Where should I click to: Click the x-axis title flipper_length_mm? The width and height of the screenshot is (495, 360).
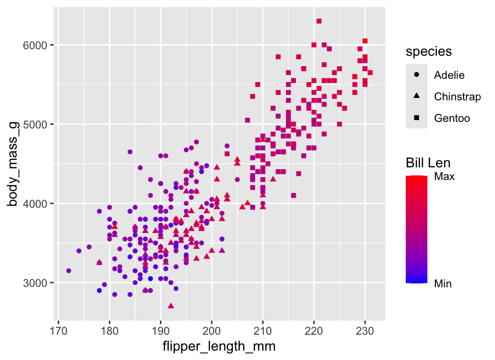pyautogui.click(x=218, y=347)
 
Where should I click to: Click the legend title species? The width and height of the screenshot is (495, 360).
pyautogui.click(x=428, y=52)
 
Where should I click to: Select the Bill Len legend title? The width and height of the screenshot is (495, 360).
pyautogui.click(x=428, y=163)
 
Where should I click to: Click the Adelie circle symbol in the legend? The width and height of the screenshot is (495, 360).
pyautogui.click(x=417, y=75)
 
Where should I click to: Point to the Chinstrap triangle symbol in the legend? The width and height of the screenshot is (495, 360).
pyautogui.click(x=417, y=97)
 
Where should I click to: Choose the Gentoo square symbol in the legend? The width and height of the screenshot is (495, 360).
pyautogui.click(x=417, y=118)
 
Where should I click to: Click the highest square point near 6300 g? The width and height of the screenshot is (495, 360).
pyautogui.click(x=319, y=21)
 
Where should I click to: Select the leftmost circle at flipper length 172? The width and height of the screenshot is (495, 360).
pyautogui.click(x=68, y=270)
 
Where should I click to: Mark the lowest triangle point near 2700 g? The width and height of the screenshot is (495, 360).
pyautogui.click(x=171, y=306)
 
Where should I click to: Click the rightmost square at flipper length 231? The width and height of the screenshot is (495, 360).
pyautogui.click(x=370, y=72)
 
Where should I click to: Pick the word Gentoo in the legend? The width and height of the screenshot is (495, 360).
pyautogui.click(x=451, y=118)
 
